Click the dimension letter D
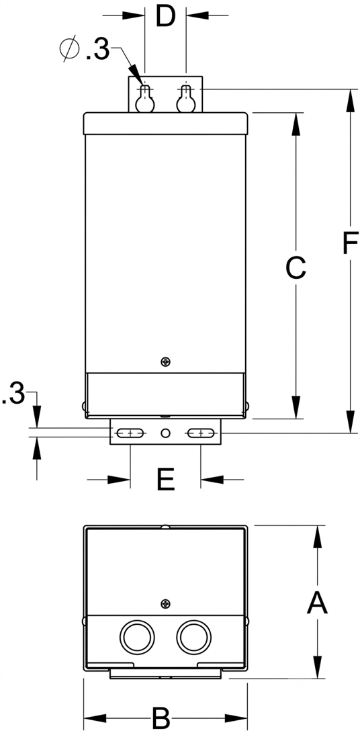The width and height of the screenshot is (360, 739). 165,17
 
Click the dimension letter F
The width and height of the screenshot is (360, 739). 350,244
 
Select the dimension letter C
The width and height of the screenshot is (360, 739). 296,267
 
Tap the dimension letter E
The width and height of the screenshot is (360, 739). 165,480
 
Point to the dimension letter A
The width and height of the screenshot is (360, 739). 317,603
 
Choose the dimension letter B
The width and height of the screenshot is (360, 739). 161,719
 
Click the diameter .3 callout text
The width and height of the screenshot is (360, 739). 85,50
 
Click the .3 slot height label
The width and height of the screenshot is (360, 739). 13,394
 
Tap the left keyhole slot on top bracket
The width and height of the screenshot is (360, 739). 145,99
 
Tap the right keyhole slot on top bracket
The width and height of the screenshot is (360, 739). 186,99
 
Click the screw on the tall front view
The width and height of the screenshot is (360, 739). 165,362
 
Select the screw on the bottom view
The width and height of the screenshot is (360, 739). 165,603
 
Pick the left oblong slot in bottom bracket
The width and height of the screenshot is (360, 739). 130,433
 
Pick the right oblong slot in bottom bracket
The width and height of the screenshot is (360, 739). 201,433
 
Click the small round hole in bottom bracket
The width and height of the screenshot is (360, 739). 165,433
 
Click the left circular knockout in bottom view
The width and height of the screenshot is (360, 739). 137,638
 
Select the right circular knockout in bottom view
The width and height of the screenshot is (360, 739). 193,638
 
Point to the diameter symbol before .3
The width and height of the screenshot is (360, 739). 70,49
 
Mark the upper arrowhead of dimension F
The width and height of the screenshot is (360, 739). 350,100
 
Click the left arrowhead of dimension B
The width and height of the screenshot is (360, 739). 95,718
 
